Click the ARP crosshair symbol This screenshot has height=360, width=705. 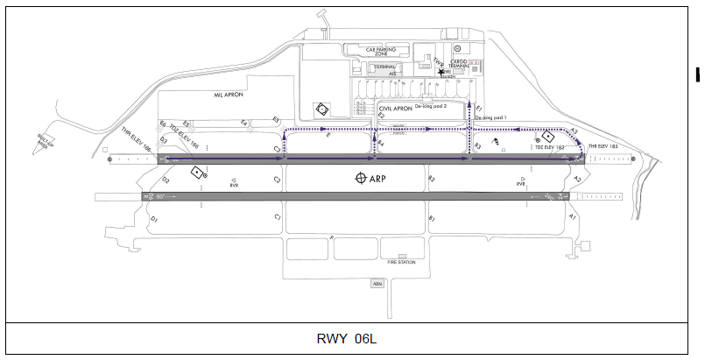(x=361, y=179)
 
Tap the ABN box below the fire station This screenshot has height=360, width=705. (x=377, y=283)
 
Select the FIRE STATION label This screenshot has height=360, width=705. (x=401, y=262)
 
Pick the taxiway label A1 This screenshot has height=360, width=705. (x=572, y=215)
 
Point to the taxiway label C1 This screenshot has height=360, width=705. (x=278, y=215)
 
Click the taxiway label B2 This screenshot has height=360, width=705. (x=431, y=179)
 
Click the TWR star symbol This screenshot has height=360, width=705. (x=442, y=73)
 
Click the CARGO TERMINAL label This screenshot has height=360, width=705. (x=459, y=64)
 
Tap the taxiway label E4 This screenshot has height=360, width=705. (x=244, y=122)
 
